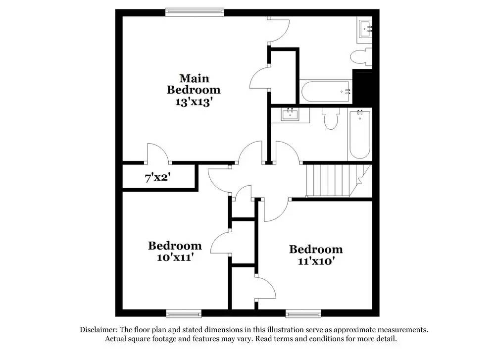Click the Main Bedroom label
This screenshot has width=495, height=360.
[x=194, y=84]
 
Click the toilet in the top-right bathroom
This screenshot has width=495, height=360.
[x=361, y=56]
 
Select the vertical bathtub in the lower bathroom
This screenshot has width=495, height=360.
[x=358, y=134]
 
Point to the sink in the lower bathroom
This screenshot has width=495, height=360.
[x=290, y=115]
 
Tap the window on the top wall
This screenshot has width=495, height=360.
[x=195, y=12]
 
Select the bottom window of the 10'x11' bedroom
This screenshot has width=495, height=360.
[x=184, y=313]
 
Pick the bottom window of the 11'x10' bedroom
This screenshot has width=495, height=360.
[x=303, y=313]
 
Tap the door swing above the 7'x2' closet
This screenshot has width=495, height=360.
[x=158, y=153]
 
